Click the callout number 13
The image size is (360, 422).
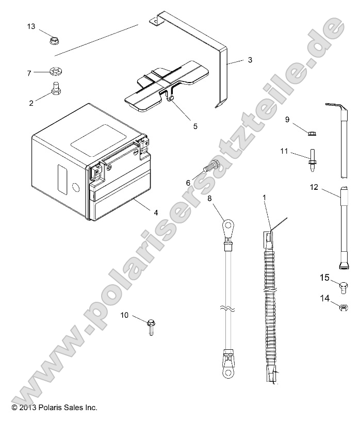(x=31, y=26)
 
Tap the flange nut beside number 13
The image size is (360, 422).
(x=53, y=39)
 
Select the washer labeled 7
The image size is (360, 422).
(x=54, y=71)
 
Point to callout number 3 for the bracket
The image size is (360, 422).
(x=250, y=60)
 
